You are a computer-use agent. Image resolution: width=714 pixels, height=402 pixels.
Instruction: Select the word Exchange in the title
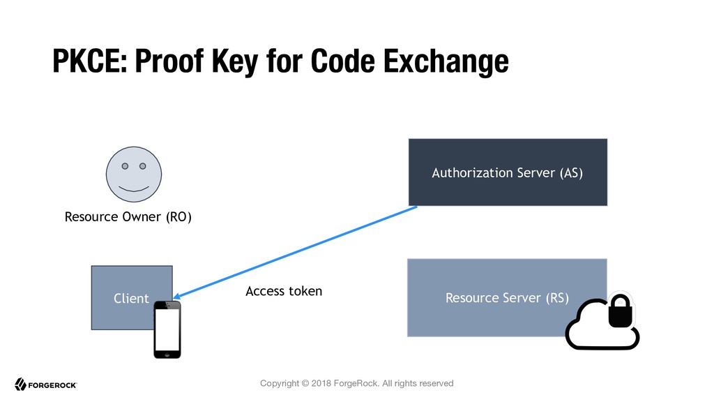[446, 62]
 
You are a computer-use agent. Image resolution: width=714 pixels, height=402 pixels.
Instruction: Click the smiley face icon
[134, 174]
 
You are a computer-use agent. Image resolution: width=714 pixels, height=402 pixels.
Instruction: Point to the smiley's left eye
[125, 166]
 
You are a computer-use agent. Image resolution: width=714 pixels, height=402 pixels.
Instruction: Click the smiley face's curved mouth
[134, 188]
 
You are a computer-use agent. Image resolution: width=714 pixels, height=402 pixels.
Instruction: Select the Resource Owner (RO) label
[128, 217]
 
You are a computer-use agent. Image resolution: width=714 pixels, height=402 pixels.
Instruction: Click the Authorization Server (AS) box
[508, 172]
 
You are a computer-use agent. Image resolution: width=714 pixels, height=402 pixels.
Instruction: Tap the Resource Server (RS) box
[507, 297]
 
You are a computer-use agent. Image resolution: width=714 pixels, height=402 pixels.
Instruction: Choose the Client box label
[131, 299]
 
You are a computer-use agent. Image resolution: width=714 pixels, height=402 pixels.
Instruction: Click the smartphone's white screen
[167, 329]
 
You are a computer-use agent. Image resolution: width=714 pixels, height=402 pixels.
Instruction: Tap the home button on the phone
[167, 354]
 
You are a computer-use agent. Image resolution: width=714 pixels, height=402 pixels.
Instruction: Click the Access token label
[284, 291]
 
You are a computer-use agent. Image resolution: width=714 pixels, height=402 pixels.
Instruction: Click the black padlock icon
[621, 311]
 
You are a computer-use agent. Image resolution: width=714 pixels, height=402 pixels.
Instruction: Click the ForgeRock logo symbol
[20, 385]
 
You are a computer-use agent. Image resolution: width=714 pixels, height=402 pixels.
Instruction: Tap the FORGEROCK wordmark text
[52, 385]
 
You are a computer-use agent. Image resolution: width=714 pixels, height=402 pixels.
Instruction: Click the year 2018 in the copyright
[321, 383]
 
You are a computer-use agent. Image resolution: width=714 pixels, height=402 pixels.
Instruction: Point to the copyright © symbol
[305, 383]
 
